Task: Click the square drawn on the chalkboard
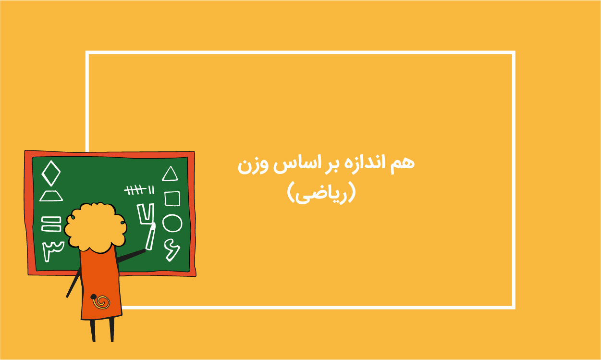pos(165,199)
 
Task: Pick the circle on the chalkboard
pos(163,223)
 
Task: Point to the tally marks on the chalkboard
pos(139,190)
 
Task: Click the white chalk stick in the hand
pos(150,236)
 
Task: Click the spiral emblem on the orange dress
pos(101,302)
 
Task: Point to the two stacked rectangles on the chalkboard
pos(51,224)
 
